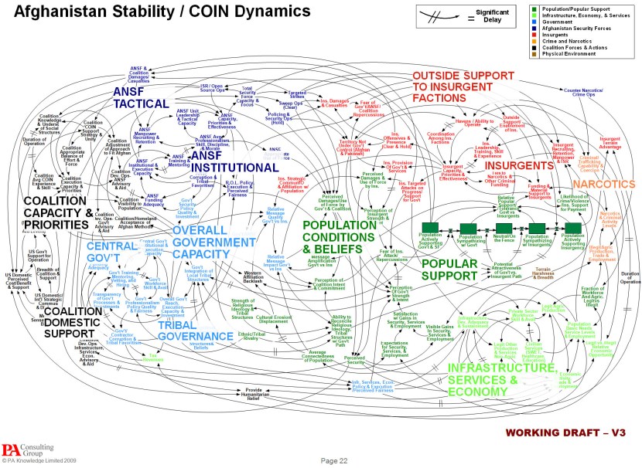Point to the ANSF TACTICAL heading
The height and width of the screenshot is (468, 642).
pos(140,97)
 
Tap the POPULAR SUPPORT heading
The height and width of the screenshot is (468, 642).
pos(459,270)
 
